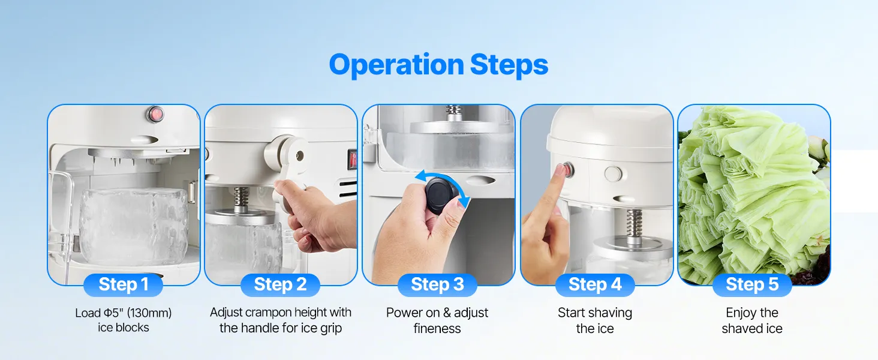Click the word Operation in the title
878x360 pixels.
396,65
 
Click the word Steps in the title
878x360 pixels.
509,64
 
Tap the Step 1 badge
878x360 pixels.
123,285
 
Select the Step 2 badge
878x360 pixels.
280,285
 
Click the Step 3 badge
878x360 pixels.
437,285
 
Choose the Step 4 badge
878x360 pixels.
595,285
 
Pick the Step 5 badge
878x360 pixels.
752,285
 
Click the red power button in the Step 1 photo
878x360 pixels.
155,114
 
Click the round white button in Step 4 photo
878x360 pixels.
614,174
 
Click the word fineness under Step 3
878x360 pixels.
437,328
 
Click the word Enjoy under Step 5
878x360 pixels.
739,313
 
